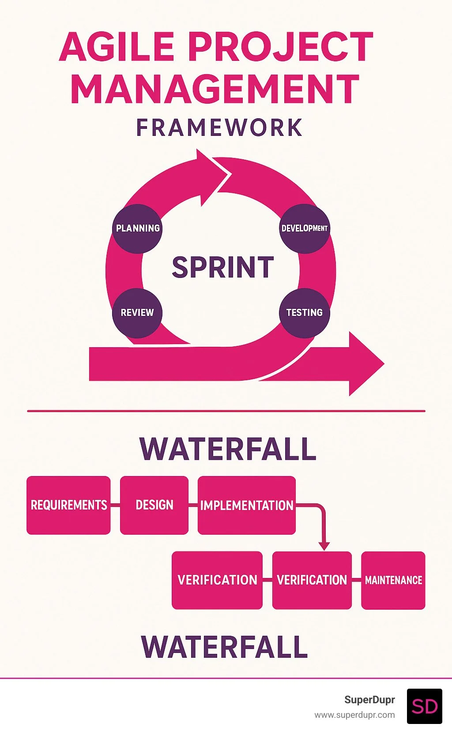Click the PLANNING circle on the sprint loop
pyautogui.click(x=137, y=229)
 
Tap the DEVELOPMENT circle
pyautogui.click(x=305, y=229)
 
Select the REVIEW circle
pyautogui.click(x=137, y=313)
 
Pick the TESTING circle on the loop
pyautogui.click(x=305, y=313)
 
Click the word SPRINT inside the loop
pyautogui.click(x=223, y=267)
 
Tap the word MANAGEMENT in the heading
pyautogui.click(x=215, y=90)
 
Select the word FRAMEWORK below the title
pyautogui.click(x=219, y=128)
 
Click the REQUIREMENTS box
pyautogui.click(x=68, y=505)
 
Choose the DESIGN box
pyautogui.click(x=154, y=505)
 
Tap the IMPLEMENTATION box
pyautogui.click(x=247, y=505)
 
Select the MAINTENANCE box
pyautogui.click(x=393, y=580)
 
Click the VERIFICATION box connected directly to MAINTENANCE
pyautogui.click(x=312, y=580)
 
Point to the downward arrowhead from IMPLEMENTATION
pyautogui.click(x=324, y=546)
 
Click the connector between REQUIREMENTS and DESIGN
pyautogui.click(x=115, y=505)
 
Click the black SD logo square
pyautogui.click(x=424, y=706)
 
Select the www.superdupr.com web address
pyautogui.click(x=354, y=715)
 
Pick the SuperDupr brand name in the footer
pyautogui.click(x=369, y=700)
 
